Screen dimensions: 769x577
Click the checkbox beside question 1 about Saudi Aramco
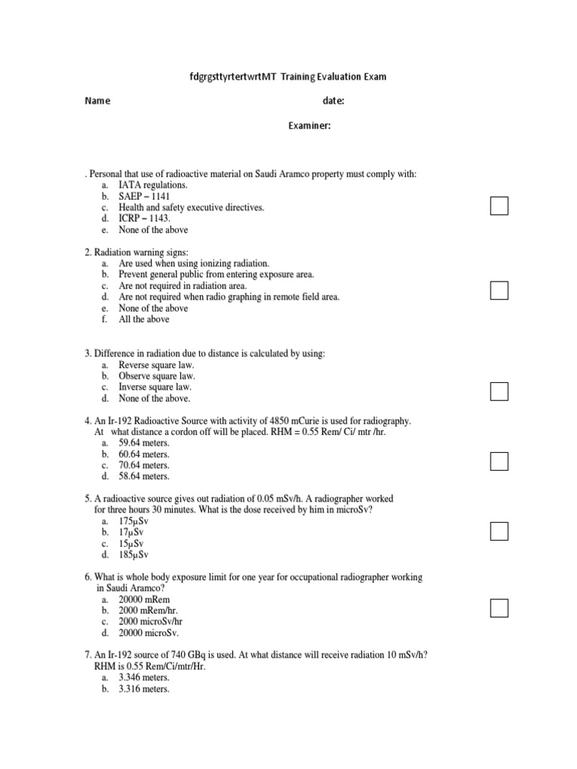point(500,205)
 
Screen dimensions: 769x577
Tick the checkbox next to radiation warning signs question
point(500,289)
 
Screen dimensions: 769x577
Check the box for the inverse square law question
point(500,391)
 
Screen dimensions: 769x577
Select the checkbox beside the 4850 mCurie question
point(500,461)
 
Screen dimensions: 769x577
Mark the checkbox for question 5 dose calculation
point(500,531)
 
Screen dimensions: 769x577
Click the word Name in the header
point(98,101)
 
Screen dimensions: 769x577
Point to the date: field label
point(334,101)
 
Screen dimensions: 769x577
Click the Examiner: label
point(309,126)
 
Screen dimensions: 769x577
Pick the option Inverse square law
point(156,387)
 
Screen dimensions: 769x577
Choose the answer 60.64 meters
point(144,454)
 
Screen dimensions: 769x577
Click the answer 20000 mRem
point(144,600)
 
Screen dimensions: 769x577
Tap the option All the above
point(144,319)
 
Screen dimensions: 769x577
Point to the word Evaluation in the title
point(343,77)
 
